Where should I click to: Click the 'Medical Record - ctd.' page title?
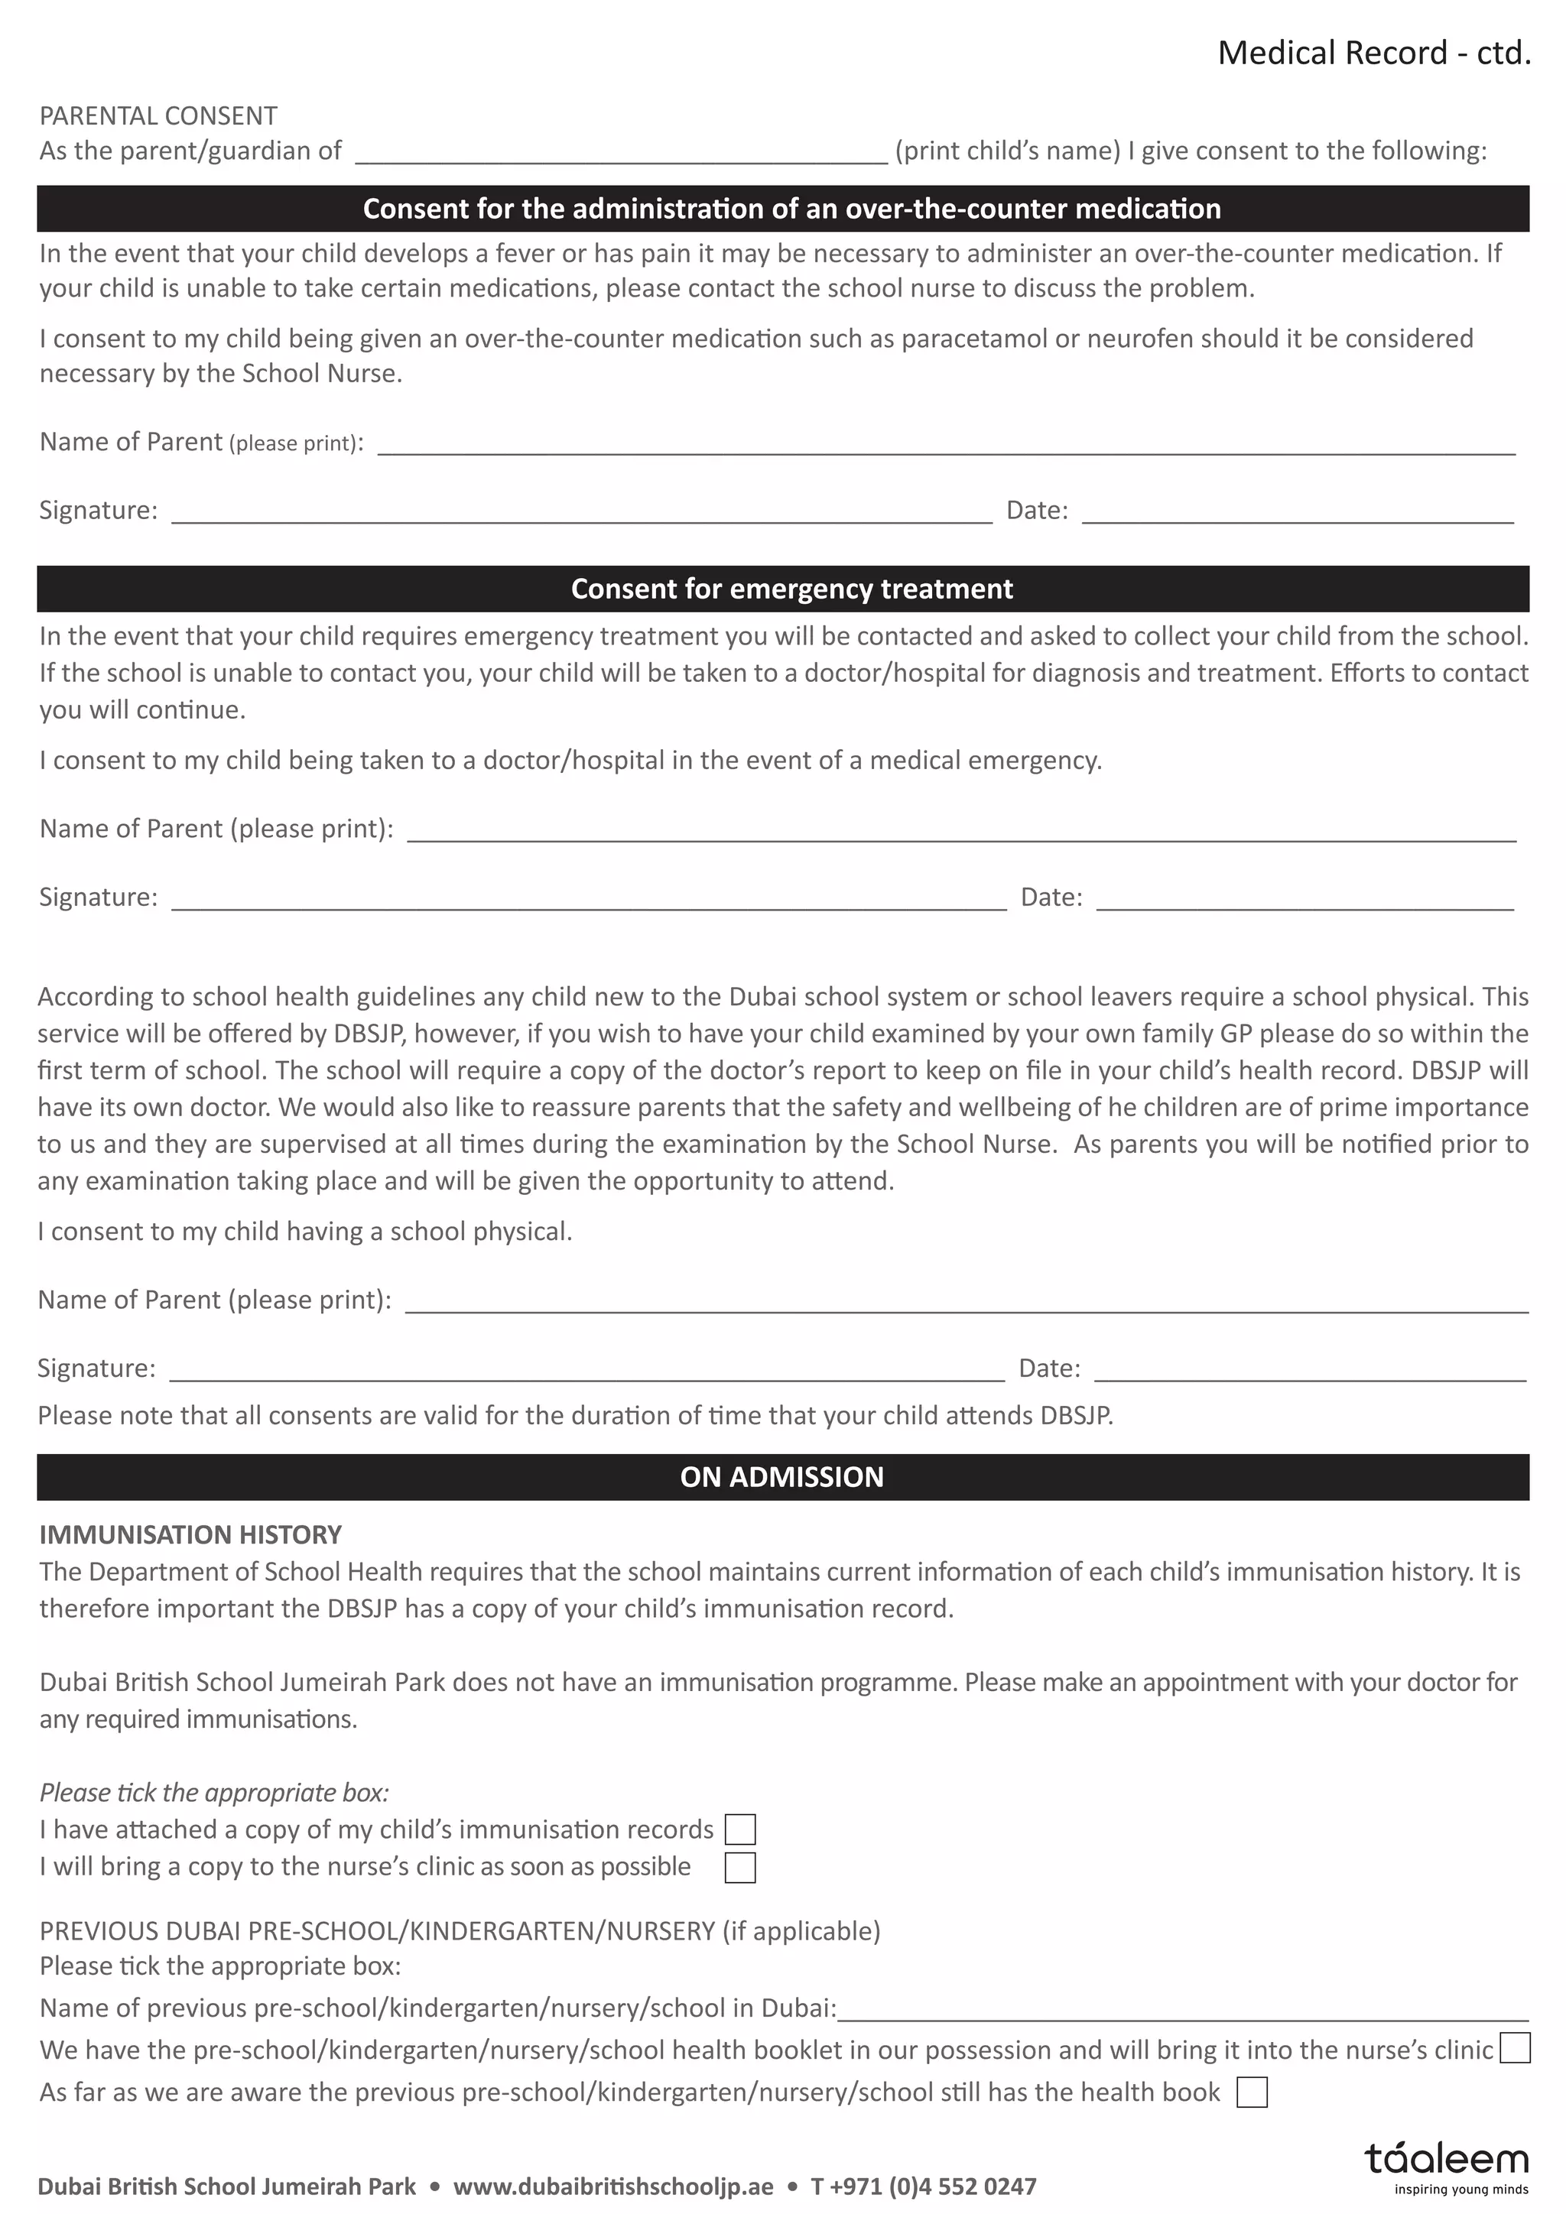1373,52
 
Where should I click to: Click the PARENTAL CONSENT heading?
158,115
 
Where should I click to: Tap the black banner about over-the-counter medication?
782,208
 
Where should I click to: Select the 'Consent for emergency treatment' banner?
782,588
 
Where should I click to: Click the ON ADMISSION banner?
782,1476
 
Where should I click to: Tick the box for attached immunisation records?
739,1829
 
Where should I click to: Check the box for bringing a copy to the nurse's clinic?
739,1868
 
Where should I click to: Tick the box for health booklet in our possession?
1515,2047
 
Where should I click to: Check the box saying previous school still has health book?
1251,2092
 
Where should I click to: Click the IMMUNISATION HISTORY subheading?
190,1534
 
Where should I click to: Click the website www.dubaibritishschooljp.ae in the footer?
613,2186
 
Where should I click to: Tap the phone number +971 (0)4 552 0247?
924,2186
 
